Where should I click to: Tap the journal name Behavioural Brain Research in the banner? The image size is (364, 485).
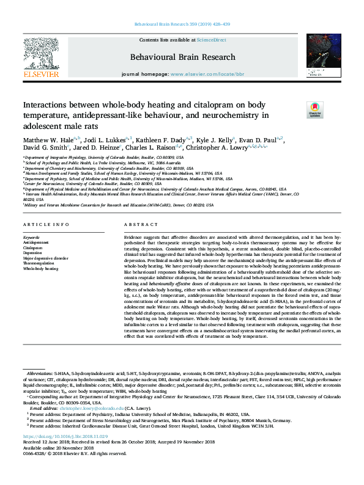[182, 57]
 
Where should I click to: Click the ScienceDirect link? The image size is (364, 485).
[211, 40]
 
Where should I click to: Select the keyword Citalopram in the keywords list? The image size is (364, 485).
[33, 249]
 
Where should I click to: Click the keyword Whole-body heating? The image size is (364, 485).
[40, 268]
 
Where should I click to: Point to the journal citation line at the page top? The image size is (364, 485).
[182, 25]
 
